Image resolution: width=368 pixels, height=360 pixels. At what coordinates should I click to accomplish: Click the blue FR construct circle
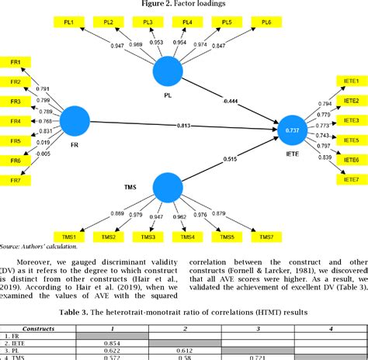click(x=75, y=121)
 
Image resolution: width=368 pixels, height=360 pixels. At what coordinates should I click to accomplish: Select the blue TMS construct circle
click(x=168, y=186)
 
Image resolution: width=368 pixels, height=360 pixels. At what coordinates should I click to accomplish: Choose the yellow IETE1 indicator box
click(x=350, y=81)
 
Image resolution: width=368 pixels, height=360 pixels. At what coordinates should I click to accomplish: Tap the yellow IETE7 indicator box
click(x=350, y=179)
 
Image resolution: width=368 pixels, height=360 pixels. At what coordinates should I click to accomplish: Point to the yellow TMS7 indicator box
click(x=267, y=236)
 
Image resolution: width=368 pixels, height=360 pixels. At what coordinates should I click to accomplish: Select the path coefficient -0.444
click(x=231, y=101)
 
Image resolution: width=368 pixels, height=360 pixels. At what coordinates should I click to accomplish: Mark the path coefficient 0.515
click(x=231, y=159)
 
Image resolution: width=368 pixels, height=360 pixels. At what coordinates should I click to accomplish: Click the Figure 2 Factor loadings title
click(x=184, y=5)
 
